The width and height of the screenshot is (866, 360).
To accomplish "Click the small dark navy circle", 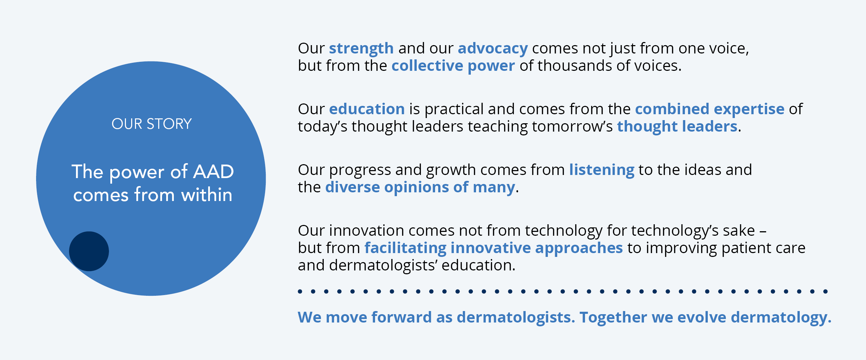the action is coord(89,251).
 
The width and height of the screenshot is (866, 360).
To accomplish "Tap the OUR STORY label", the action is coord(152,124).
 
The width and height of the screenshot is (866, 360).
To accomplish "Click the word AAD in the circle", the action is coord(213,171).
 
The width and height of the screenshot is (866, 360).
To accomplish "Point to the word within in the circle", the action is coord(207,194).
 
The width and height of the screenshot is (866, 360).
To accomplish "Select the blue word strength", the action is coord(361,49).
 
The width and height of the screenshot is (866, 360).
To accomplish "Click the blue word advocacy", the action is coord(493,49).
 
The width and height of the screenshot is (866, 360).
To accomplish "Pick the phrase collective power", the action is coord(453,66).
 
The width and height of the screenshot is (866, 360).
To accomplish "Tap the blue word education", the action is coord(367,109).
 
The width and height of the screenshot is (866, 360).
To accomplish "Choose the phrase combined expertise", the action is coord(710,109).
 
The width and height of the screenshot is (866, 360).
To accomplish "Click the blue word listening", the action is coord(602,170).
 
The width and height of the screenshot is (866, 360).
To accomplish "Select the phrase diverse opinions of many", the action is coord(420,187).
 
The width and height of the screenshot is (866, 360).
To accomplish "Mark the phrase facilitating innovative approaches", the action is coord(494,248).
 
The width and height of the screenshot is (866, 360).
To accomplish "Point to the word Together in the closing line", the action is coord(613,318).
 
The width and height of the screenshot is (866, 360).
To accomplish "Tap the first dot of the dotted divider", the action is coord(300,291).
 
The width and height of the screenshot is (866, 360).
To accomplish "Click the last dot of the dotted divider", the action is coord(825,291).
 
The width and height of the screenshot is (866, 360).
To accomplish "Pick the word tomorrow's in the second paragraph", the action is coord(572,126).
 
